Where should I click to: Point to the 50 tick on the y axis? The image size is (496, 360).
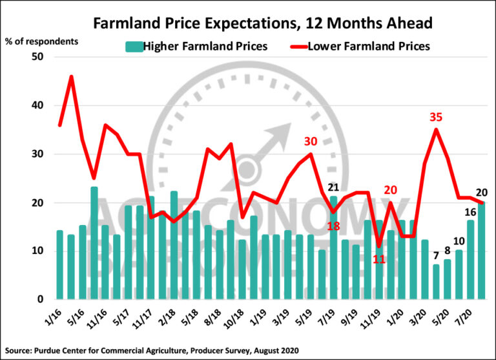coord(37,57)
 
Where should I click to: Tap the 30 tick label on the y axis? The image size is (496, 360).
coord(37,154)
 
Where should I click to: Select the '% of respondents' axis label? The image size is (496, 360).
coord(42,41)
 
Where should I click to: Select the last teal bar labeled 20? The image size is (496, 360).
coord(482,252)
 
